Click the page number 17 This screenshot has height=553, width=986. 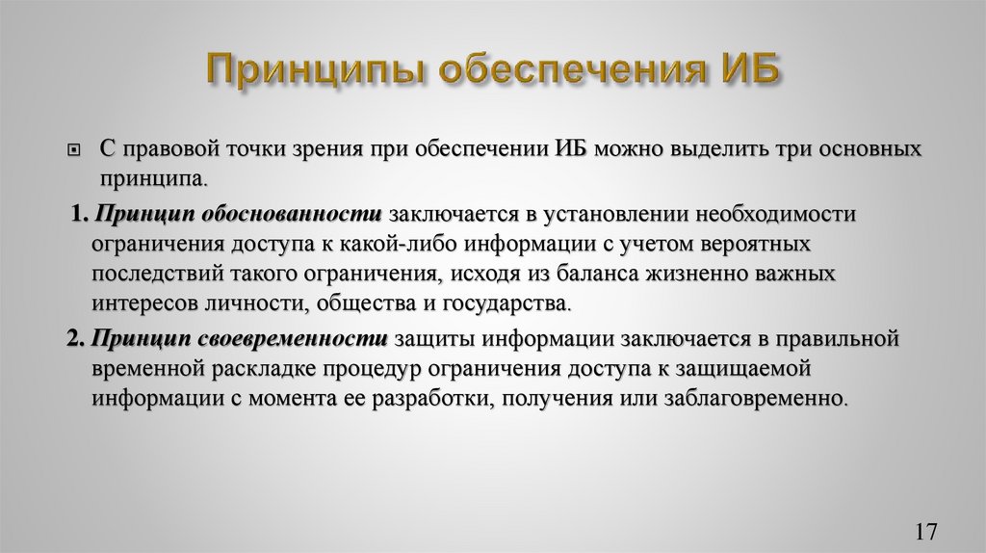(927, 531)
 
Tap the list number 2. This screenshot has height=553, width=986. (77, 338)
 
